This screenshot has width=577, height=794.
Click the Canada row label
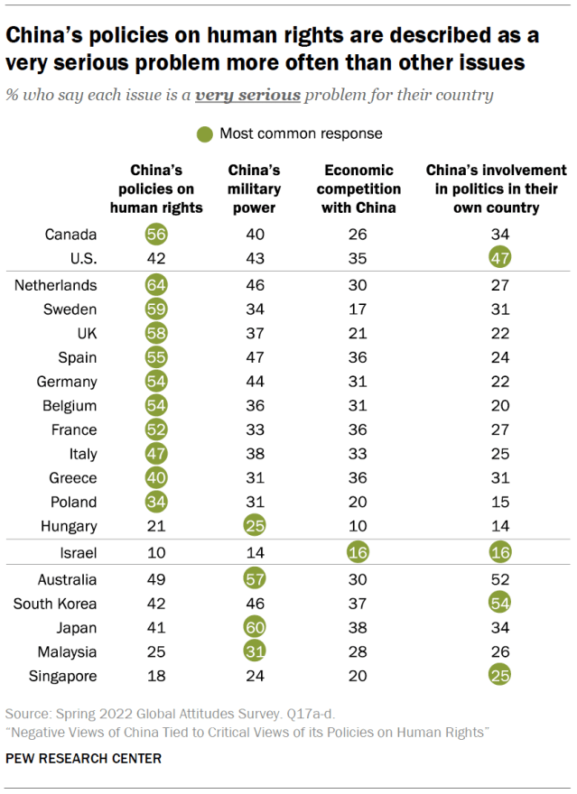[x=70, y=235]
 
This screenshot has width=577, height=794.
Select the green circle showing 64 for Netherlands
[x=156, y=285]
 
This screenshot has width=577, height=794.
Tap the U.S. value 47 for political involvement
[x=496, y=258]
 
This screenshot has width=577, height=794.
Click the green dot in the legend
[x=205, y=134]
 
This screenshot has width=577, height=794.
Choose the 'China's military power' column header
[x=254, y=189]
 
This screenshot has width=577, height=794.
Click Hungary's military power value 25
[x=254, y=526]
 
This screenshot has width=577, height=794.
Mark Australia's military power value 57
[x=254, y=580]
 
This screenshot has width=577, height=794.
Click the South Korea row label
[x=55, y=604]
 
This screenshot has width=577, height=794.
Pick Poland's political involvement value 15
[x=496, y=502]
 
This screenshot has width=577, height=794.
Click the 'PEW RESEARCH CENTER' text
[x=84, y=759]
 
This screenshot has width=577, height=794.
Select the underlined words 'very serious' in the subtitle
[x=249, y=95]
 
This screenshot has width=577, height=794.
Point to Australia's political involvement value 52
[x=496, y=580]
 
